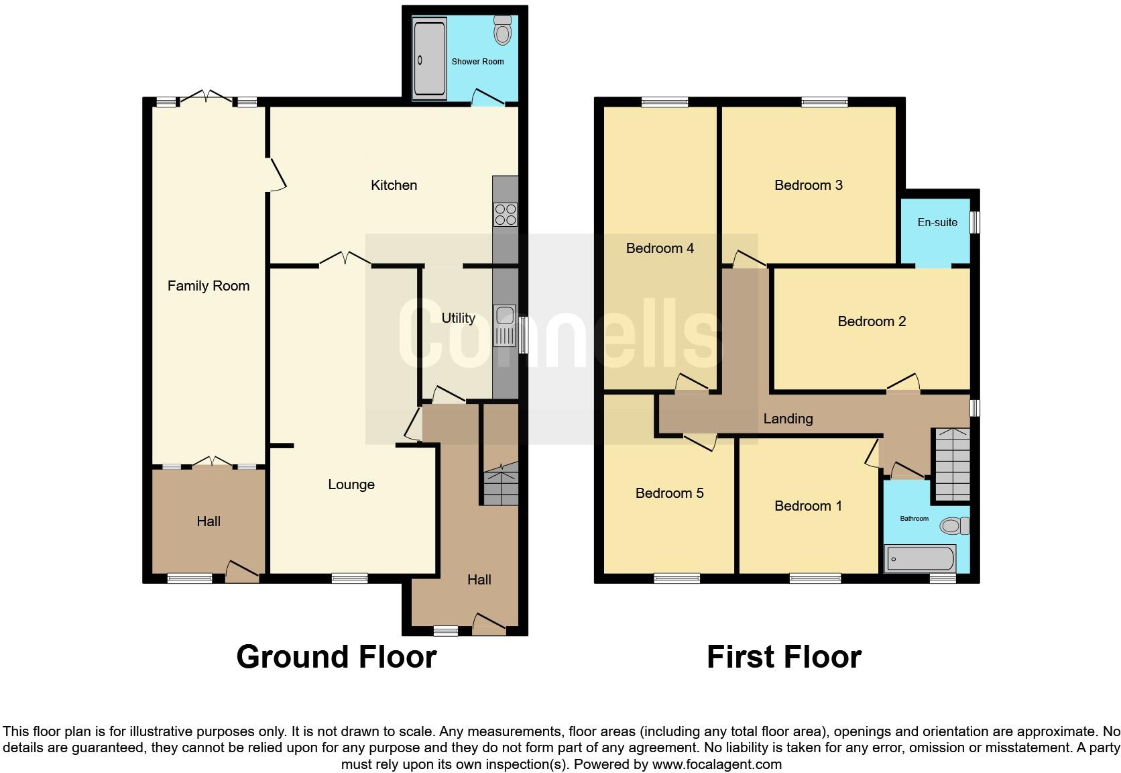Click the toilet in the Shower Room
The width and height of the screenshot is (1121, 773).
point(502,31)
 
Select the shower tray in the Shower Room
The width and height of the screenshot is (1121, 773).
point(429,59)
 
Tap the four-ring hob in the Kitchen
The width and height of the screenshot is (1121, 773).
point(506,214)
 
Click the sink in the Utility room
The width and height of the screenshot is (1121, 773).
point(504,325)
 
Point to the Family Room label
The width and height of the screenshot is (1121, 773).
point(209,286)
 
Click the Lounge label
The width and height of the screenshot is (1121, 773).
point(351,484)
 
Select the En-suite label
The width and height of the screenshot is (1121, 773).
point(937,222)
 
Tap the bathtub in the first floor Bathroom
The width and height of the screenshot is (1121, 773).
point(920,558)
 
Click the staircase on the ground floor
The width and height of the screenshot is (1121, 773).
point(501,486)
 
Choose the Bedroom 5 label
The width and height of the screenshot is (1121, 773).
point(669,493)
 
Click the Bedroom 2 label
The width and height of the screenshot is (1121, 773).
point(872,321)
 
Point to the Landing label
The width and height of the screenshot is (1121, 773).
point(788,419)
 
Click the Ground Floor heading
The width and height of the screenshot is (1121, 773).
point(337,656)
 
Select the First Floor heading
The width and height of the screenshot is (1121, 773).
point(784,656)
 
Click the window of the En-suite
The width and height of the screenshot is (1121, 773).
point(976,222)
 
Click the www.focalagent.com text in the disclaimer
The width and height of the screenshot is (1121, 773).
point(717,764)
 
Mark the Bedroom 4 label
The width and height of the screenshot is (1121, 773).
point(660,248)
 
